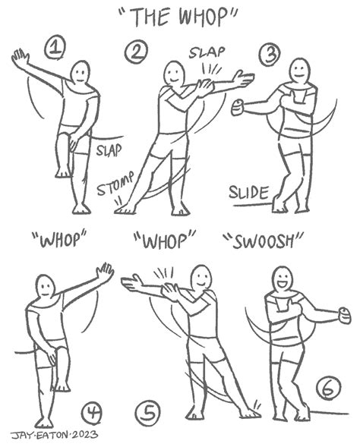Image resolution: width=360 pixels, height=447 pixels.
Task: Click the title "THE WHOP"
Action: (x=178, y=17)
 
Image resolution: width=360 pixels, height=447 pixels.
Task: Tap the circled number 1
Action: (x=55, y=49)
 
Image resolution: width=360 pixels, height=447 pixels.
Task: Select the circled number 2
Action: (x=136, y=52)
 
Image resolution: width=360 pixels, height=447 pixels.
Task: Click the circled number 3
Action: (x=270, y=55)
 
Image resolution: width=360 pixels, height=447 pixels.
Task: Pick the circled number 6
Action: (x=329, y=387)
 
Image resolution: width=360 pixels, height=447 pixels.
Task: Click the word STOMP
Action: (x=115, y=184)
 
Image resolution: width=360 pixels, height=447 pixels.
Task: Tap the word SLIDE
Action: (x=249, y=193)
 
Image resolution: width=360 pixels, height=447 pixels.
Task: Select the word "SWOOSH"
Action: (x=263, y=241)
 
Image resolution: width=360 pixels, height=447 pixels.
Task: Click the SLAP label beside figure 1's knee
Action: (x=109, y=150)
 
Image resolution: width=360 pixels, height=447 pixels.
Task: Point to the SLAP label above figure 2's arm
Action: (x=207, y=52)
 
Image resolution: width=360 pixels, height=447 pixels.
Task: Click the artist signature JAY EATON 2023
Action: (x=54, y=436)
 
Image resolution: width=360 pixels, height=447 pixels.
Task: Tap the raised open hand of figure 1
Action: (x=20, y=58)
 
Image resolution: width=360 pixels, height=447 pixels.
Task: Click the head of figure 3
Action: (x=299, y=71)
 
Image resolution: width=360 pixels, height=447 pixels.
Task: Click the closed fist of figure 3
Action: (x=237, y=107)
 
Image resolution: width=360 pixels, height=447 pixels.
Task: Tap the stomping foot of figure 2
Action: (x=125, y=209)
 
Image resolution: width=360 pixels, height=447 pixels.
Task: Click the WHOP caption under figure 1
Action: (x=59, y=239)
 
